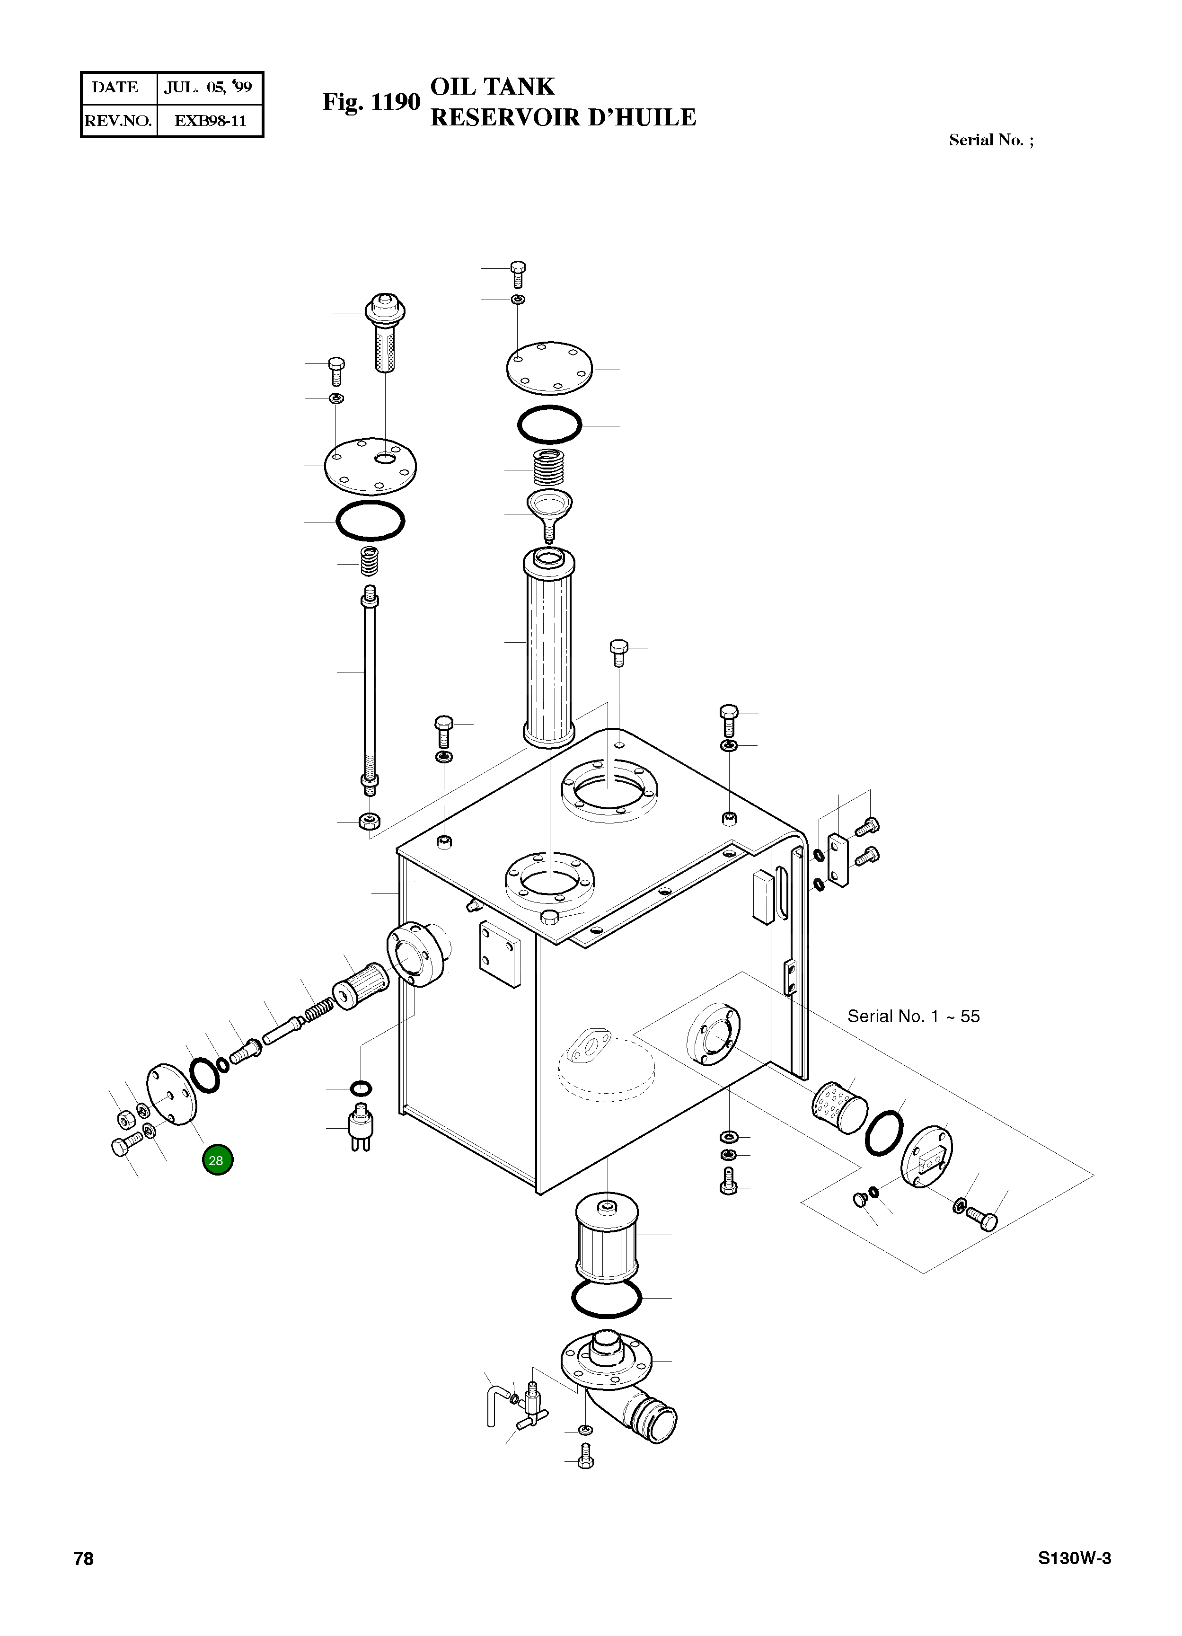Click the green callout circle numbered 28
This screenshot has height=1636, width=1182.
217,1160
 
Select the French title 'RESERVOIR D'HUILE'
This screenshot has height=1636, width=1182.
563,117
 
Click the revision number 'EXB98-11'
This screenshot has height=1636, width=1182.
210,121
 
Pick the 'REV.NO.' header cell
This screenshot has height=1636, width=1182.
118,121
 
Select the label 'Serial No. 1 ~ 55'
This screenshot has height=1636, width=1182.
913,1017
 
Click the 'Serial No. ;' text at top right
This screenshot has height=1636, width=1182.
990,140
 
